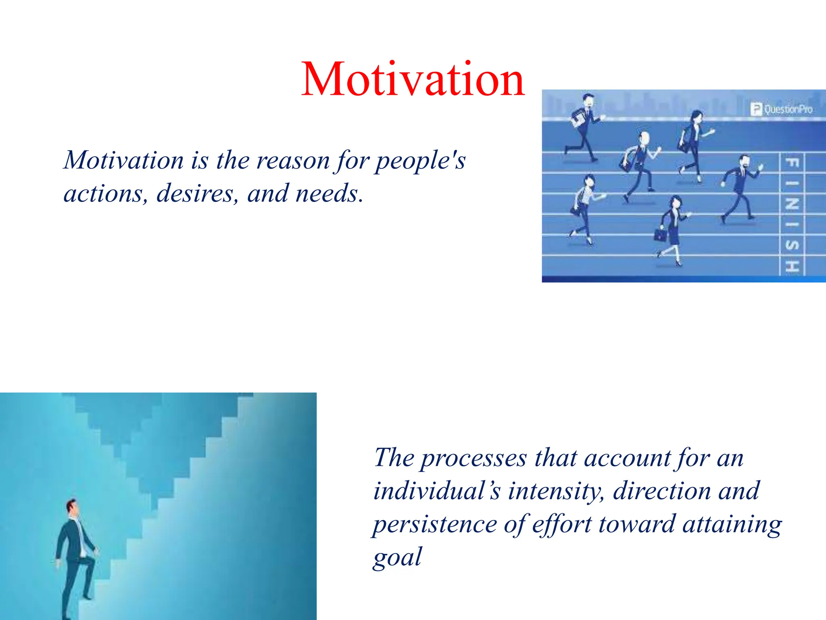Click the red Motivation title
point(413,79)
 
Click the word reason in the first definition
point(293,160)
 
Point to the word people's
point(420,160)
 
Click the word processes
point(473,458)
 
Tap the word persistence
point(435,524)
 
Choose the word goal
point(397,557)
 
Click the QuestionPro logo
point(781,109)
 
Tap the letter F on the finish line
point(792,163)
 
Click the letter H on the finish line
point(792,266)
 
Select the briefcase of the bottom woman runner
point(660,235)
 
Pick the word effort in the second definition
point(562,524)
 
